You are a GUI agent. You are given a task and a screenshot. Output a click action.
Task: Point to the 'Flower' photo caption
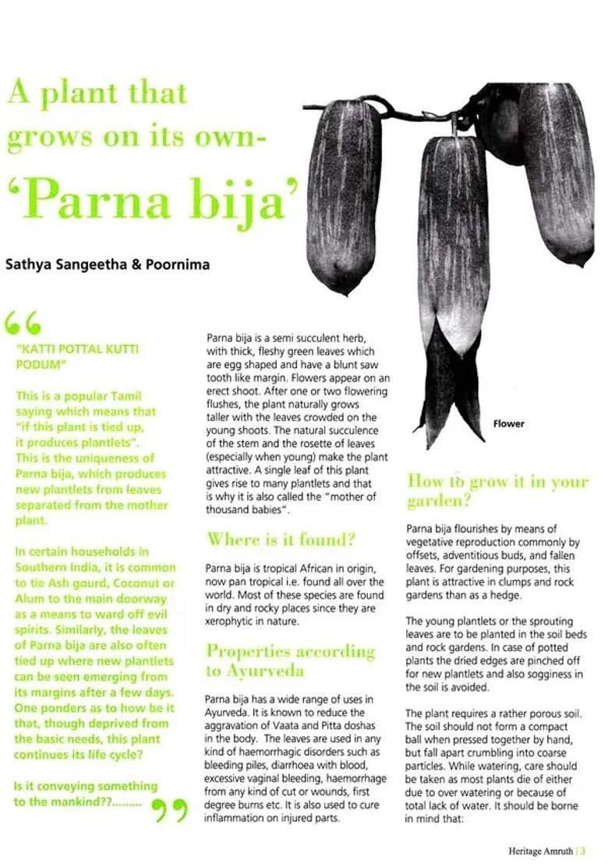pyautogui.click(x=508, y=423)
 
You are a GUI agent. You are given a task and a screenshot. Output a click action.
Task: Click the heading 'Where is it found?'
pyautogui.click(x=281, y=539)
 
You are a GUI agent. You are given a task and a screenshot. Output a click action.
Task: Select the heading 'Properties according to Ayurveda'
pyautogui.click(x=290, y=660)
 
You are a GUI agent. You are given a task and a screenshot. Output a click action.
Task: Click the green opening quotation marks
pyautogui.click(x=23, y=322)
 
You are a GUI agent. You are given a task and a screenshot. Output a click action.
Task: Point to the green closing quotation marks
pyautogui.click(x=170, y=811)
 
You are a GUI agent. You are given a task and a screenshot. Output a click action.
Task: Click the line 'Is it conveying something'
pyautogui.click(x=86, y=786)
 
